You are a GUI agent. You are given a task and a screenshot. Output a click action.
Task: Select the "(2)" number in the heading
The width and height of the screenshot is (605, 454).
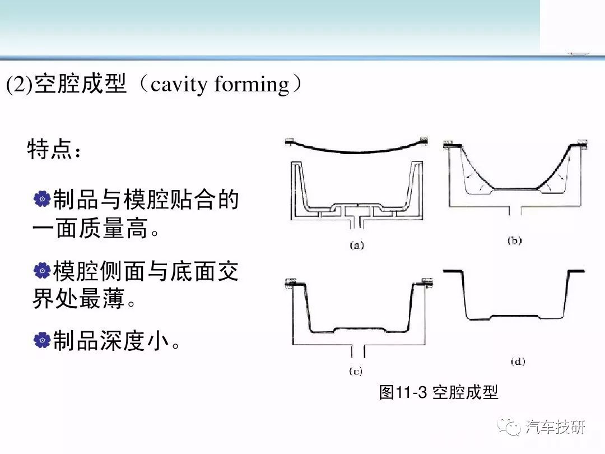point(19,84)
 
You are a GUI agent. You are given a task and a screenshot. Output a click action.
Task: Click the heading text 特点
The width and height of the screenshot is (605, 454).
point(49,150)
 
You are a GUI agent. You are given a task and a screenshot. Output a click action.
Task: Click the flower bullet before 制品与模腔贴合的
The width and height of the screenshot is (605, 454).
point(42,199)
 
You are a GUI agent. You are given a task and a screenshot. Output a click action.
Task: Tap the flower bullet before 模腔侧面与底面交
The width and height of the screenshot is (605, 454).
point(42,270)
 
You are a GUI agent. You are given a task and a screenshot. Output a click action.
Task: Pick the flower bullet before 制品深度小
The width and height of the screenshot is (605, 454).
point(42,340)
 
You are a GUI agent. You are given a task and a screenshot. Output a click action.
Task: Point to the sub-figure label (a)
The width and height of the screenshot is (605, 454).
point(356,245)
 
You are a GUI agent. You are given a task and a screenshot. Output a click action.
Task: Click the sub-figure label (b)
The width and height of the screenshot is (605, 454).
point(514,240)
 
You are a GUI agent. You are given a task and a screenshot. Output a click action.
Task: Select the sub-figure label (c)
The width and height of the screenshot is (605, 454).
point(356,372)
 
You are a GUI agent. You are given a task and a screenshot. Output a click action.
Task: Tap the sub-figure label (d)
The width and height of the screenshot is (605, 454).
point(518,362)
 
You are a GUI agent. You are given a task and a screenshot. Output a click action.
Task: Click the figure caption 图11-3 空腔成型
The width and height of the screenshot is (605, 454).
point(438,392)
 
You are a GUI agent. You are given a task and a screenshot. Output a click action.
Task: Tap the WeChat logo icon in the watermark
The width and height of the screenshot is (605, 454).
point(509,427)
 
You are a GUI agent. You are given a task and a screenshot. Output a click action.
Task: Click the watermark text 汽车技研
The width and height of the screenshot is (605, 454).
point(555,427)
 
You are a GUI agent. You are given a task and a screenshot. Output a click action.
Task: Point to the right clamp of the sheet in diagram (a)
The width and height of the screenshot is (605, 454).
point(424,141)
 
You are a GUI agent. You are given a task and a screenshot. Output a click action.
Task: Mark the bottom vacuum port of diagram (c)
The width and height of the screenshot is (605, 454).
point(357,350)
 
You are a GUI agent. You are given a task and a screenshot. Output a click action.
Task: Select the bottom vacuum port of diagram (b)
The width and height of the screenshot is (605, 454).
point(515,210)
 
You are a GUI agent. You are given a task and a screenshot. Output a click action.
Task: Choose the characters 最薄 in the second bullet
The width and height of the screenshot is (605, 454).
point(102,298)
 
